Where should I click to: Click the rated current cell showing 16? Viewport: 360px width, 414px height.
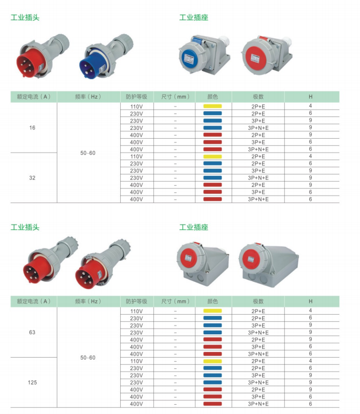(32, 128)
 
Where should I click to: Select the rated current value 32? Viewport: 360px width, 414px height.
(32, 178)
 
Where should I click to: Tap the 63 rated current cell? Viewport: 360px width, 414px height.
(32, 332)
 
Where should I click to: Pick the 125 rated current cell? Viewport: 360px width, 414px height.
(32, 382)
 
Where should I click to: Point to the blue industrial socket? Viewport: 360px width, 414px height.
(204, 54)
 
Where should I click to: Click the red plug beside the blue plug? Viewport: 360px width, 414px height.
(42, 56)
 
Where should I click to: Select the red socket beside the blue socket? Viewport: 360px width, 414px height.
(267, 55)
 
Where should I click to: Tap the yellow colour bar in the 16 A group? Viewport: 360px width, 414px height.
(212, 107)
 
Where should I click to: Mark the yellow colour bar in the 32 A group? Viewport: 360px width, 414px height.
(212, 157)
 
